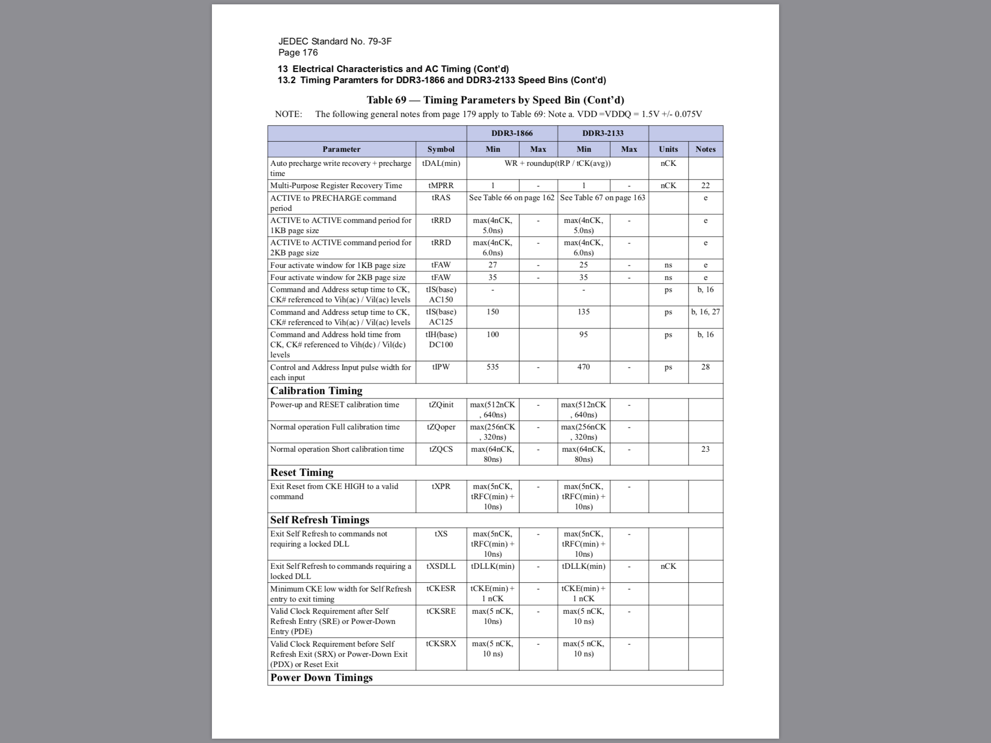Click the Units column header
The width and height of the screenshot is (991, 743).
tap(668, 149)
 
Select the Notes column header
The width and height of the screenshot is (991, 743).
tap(706, 149)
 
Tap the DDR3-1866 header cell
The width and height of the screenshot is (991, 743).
tap(512, 133)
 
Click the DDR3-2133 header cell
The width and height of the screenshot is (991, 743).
tap(603, 133)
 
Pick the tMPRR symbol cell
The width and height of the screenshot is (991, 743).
tap(441, 185)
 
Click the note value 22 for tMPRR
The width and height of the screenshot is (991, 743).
tap(706, 185)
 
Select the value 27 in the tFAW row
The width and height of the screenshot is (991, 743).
tap(493, 265)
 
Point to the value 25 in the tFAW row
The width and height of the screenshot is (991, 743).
tap(584, 265)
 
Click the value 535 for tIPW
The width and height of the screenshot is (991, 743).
tap(493, 367)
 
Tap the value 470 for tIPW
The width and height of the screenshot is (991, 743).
tap(584, 367)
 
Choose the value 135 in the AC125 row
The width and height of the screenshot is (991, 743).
tap(584, 312)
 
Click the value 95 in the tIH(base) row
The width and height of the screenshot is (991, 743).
tap(584, 334)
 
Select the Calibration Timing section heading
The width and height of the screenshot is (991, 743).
tap(316, 391)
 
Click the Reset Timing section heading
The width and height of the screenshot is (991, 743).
tap(302, 473)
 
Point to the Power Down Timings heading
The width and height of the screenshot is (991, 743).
tap(321, 678)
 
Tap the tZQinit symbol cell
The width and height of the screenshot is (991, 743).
tap(441, 404)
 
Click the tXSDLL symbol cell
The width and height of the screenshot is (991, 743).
tap(441, 566)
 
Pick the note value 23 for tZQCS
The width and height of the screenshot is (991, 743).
tap(706, 449)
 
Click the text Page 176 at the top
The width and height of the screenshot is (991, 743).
tap(298, 53)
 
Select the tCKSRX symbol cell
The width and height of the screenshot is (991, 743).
tap(441, 644)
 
